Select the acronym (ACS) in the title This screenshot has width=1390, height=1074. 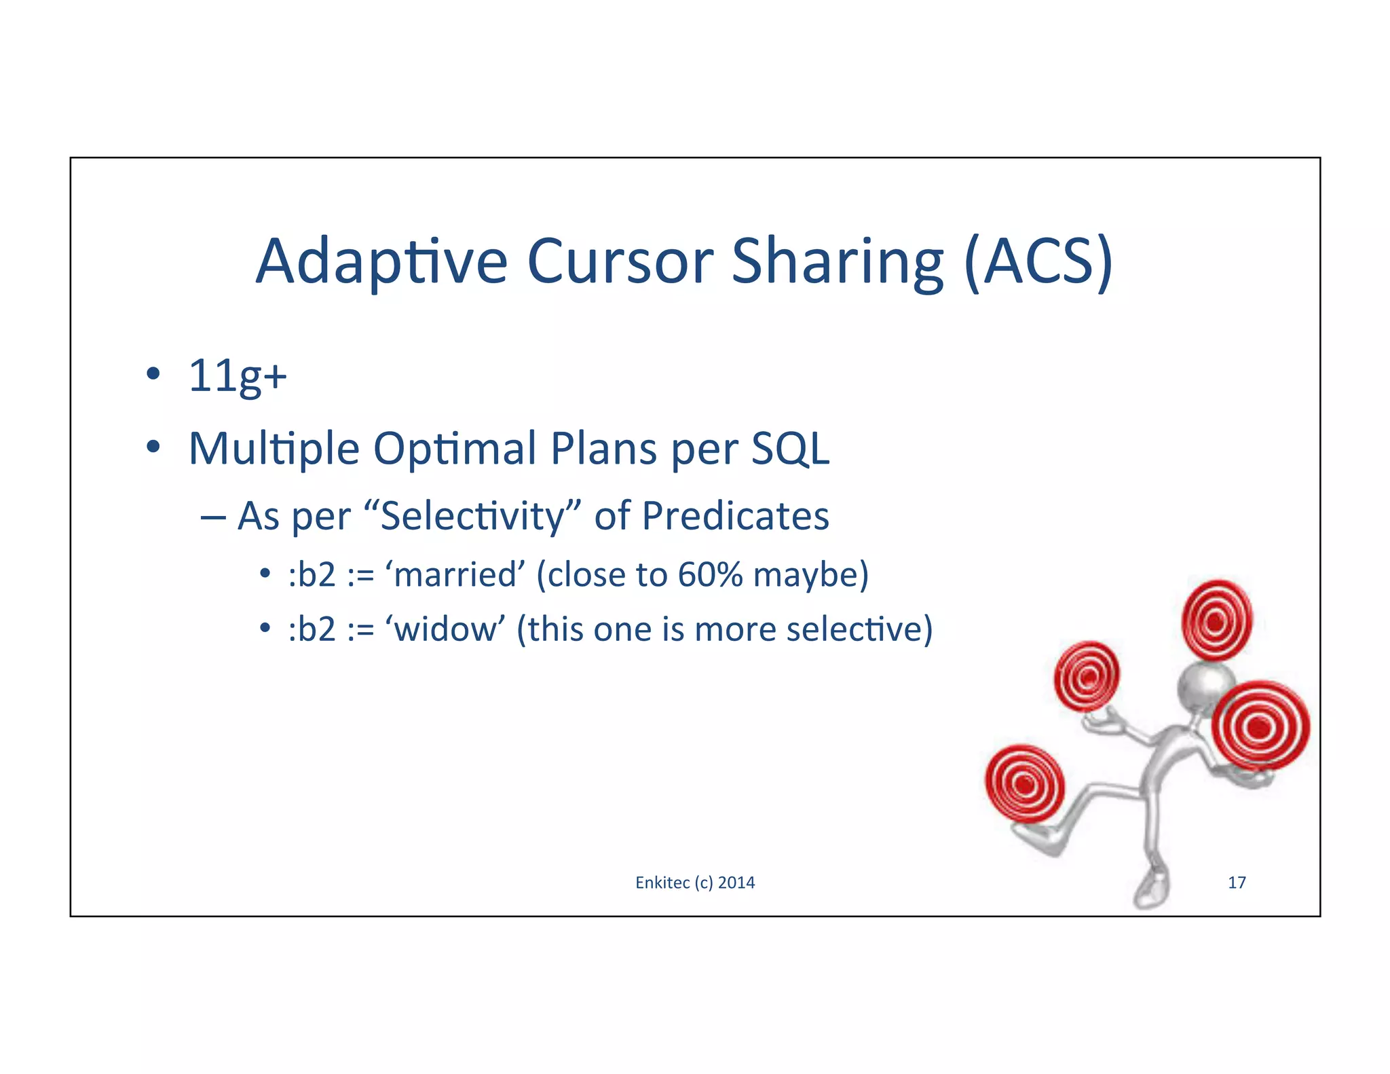1038,262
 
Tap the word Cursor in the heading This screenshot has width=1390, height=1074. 620,262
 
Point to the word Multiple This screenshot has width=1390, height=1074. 274,449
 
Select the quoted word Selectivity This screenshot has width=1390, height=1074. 472,516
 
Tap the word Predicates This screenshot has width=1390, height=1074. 735,516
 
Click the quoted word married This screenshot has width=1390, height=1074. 455,575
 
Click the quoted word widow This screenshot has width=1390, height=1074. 445,629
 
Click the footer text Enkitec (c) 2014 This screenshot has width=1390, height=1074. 695,883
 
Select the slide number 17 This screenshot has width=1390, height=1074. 1237,883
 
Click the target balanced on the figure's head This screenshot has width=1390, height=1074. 1217,621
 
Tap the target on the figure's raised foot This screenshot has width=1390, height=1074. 1025,784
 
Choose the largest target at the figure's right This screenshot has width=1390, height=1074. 1260,726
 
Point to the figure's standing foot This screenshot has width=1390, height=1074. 1151,889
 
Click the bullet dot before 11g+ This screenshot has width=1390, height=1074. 153,374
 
